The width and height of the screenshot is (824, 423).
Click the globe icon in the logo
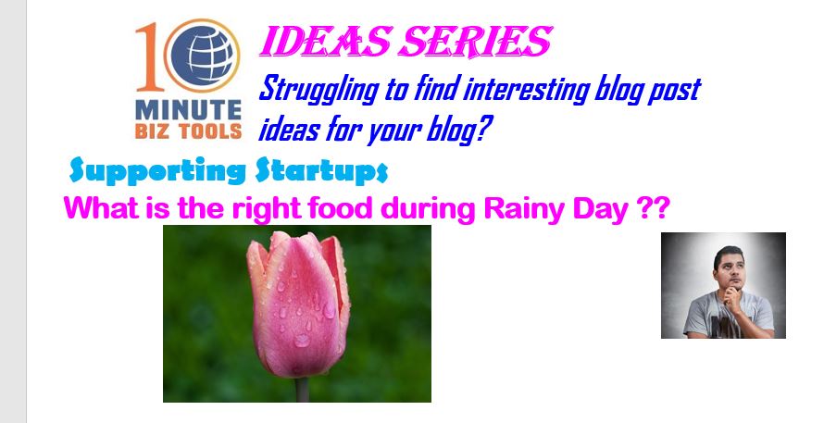pyautogui.click(x=202, y=56)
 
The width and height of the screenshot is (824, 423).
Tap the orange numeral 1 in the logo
pyautogui.click(x=147, y=56)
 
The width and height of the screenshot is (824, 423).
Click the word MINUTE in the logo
pyautogui.click(x=188, y=110)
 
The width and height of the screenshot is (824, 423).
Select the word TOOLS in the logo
pyautogui.click(x=210, y=131)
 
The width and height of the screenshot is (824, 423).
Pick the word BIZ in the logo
pyautogui.click(x=154, y=131)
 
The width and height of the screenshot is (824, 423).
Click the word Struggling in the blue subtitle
pyautogui.click(x=318, y=90)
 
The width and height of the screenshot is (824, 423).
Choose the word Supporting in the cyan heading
pyautogui.click(x=157, y=170)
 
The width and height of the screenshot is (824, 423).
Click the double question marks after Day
pyautogui.click(x=654, y=208)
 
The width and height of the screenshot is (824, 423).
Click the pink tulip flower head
pyautogui.click(x=298, y=305)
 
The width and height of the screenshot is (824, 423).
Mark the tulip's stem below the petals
pyautogui.click(x=302, y=390)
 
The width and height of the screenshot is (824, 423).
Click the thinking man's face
pyautogui.click(x=731, y=269)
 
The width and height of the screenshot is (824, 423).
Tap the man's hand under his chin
pyautogui.click(x=730, y=297)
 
